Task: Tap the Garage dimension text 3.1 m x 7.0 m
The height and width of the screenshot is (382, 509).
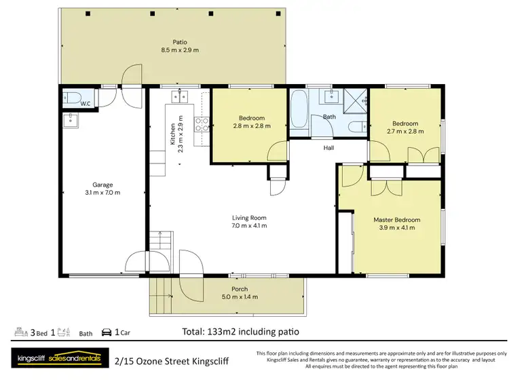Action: tap(102, 193)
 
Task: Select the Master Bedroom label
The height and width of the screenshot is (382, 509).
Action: tap(397, 220)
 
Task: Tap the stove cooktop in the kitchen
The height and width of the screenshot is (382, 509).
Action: tap(202, 124)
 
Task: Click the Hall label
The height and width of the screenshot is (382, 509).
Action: tap(329, 147)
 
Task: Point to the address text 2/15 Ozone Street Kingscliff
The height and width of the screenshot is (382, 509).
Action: tap(172, 361)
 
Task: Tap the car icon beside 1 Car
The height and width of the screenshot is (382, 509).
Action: tap(107, 332)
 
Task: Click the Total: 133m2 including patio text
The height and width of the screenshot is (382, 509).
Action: tap(240, 332)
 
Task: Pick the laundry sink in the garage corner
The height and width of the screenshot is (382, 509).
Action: tap(71, 121)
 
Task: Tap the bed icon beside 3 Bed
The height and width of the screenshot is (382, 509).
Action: tap(21, 332)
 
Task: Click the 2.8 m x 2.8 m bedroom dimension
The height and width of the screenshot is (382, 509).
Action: tap(252, 126)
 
